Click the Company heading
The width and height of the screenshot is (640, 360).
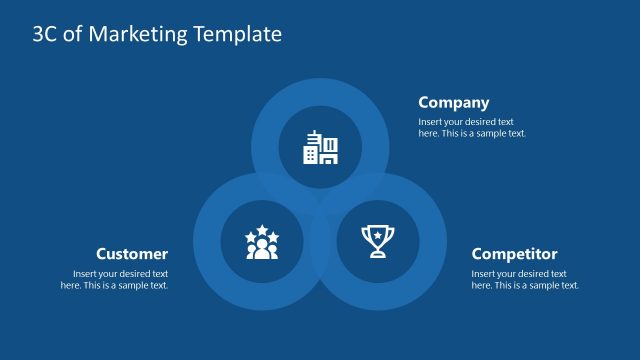click(454, 102)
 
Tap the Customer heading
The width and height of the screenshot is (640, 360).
click(132, 254)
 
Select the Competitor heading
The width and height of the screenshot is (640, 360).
click(514, 254)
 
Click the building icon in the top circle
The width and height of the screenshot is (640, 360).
click(320, 147)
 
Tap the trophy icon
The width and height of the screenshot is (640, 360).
click(378, 241)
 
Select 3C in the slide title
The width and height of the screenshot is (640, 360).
click(45, 34)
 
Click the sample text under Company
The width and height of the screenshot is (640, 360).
click(472, 127)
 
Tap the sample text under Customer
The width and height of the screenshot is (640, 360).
click(114, 279)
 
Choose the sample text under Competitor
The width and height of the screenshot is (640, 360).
click(525, 279)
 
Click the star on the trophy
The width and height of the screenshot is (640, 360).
click(378, 235)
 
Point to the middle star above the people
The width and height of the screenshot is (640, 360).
click(262, 230)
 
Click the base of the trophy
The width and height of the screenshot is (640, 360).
click(378, 255)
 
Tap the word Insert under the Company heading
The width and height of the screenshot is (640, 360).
click(432, 122)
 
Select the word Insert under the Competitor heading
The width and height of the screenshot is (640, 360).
click(485, 274)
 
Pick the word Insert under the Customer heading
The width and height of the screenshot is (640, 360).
click(86, 274)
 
